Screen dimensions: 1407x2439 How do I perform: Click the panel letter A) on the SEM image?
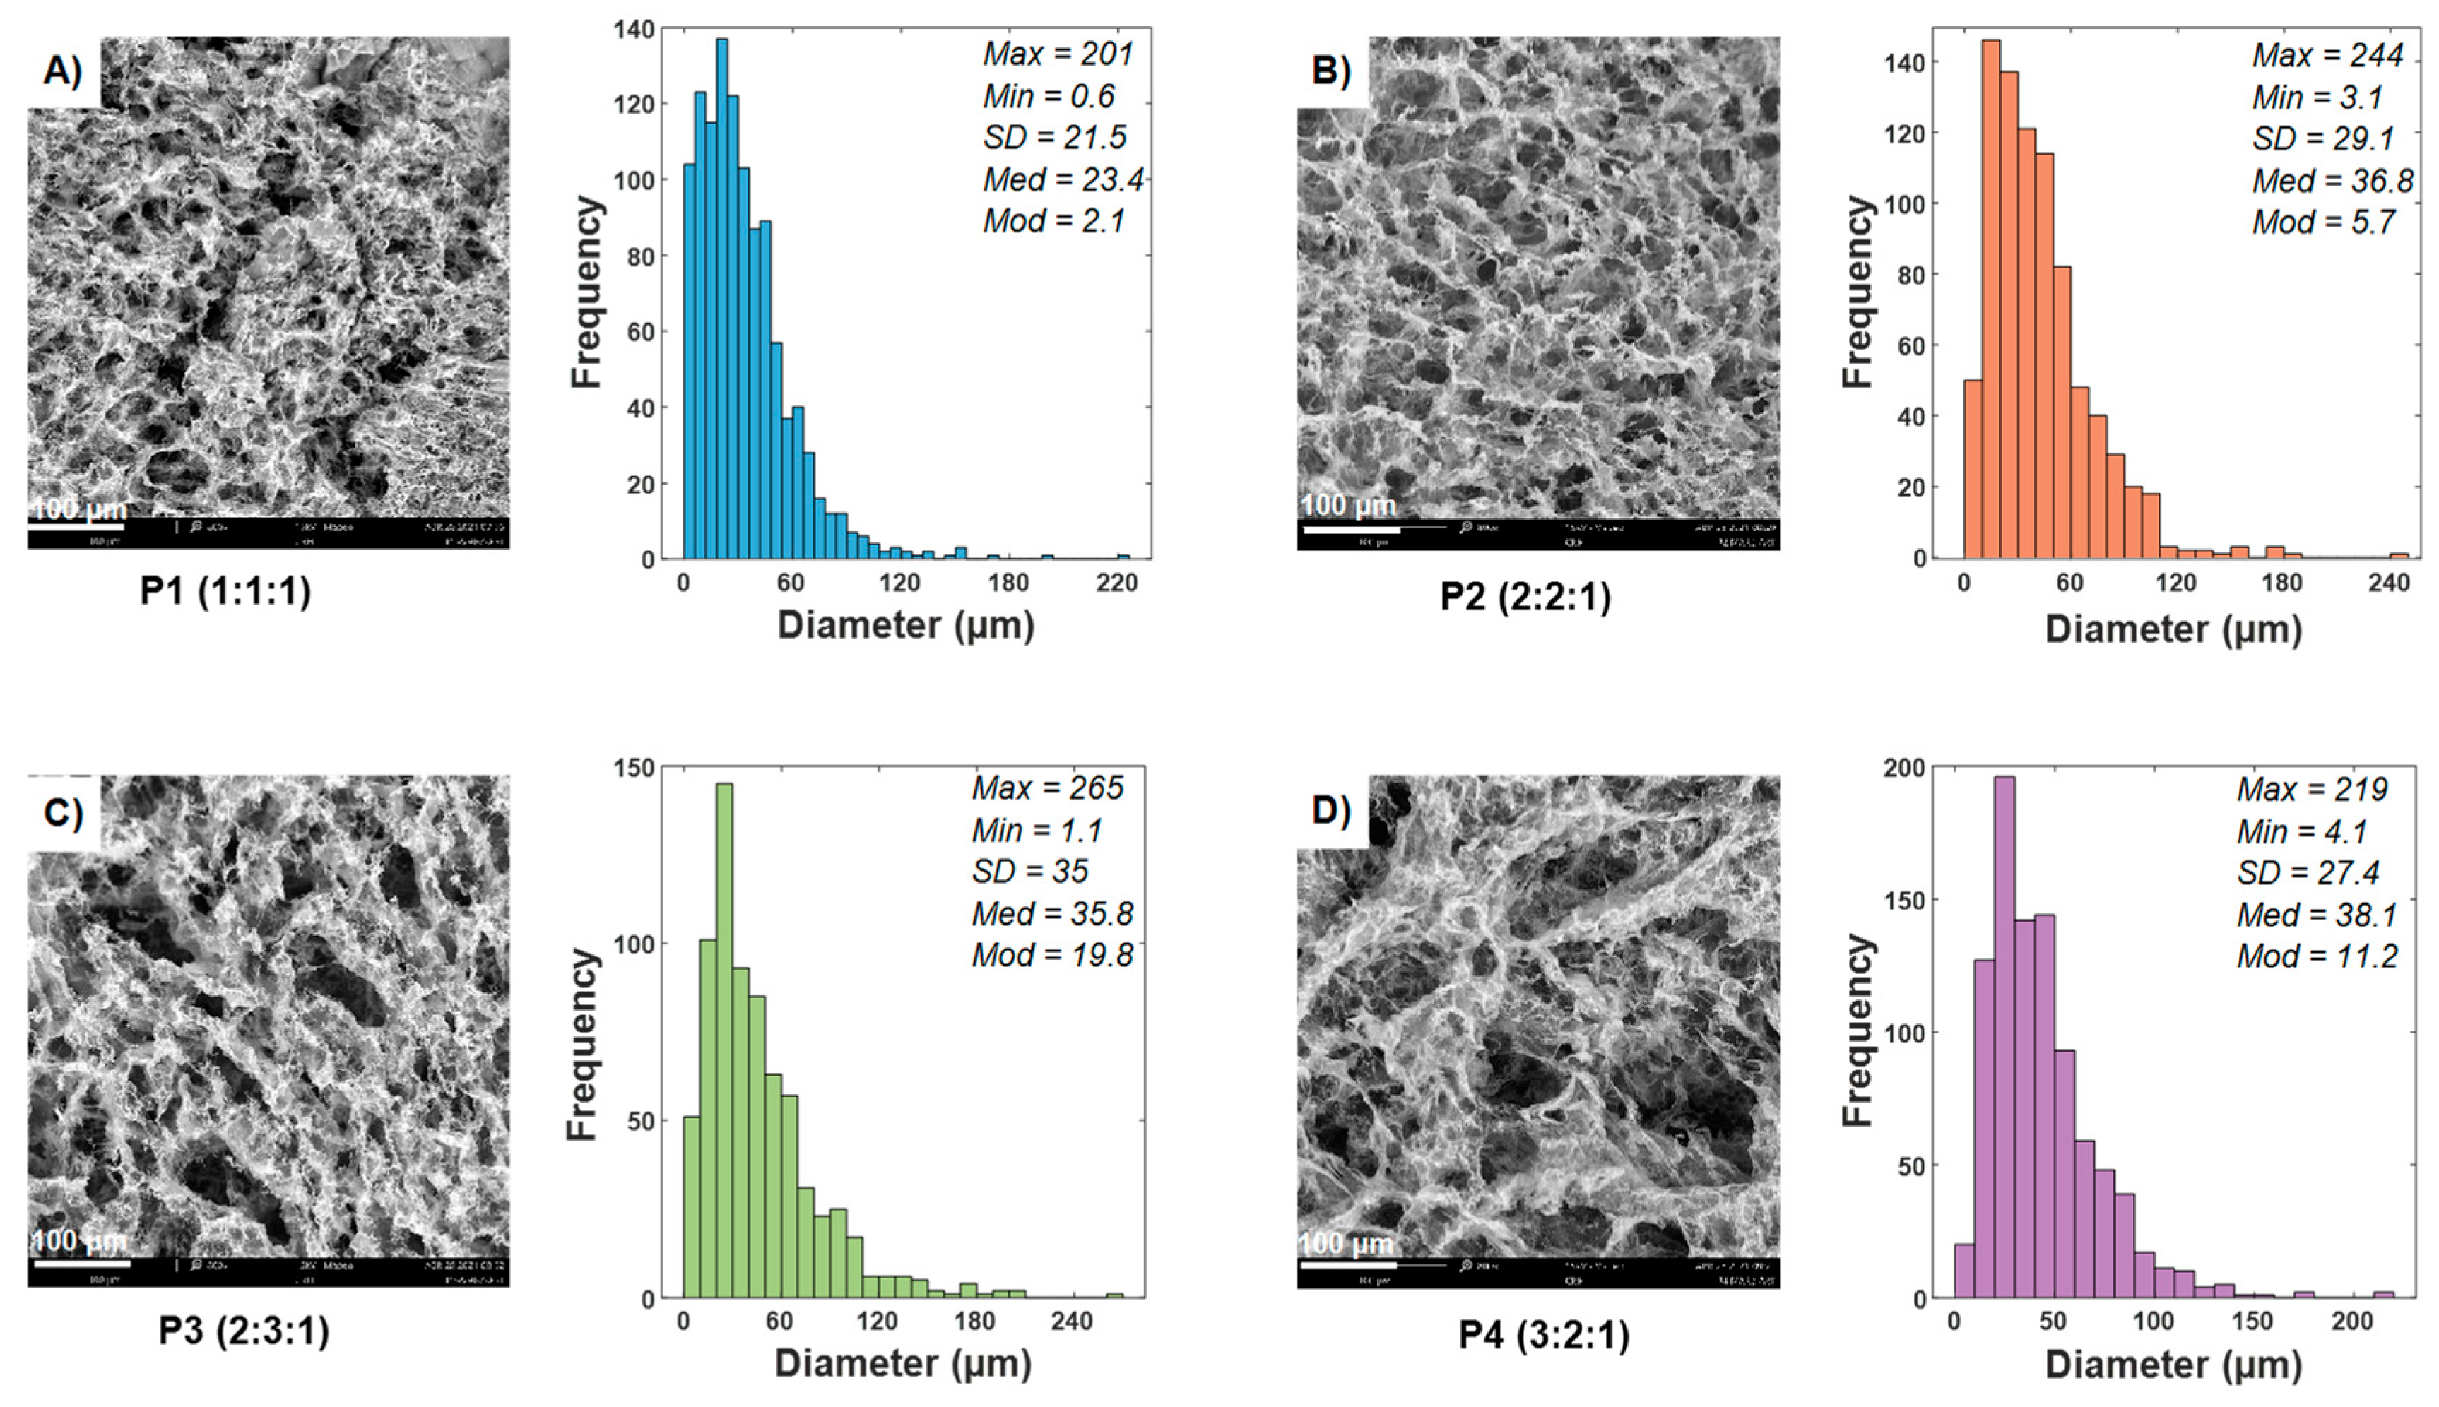pyautogui.click(x=63, y=71)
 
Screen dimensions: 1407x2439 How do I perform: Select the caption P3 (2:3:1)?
pyautogui.click(x=244, y=1331)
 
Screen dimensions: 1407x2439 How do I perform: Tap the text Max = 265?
pyautogui.click(x=1048, y=788)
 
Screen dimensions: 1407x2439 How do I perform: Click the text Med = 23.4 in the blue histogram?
pyautogui.click(x=1063, y=179)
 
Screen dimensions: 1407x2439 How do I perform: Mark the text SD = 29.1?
pyautogui.click(x=2323, y=139)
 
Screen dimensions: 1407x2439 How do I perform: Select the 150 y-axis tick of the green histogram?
pyautogui.click(x=635, y=768)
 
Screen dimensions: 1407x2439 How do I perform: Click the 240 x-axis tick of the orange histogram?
pyautogui.click(x=2390, y=583)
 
